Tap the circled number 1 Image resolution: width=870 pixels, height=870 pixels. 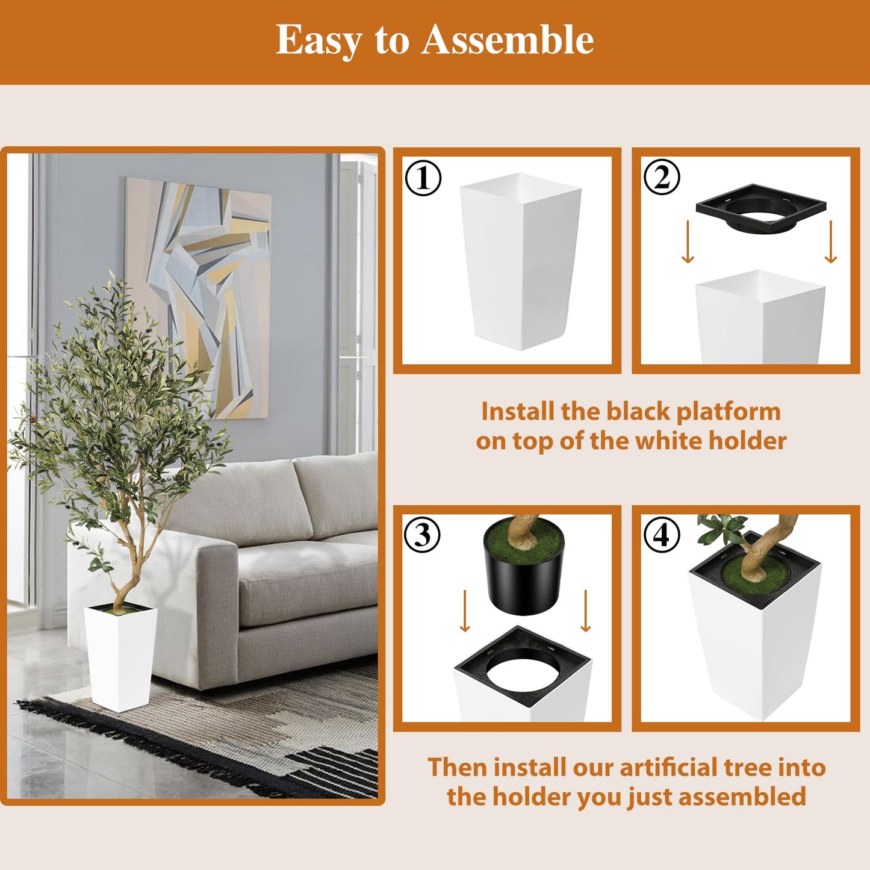coord(423,178)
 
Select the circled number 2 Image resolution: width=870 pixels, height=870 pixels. coord(661,178)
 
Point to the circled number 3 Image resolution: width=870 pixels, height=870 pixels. coord(423,535)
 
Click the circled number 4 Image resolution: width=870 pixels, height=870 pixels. coord(661,535)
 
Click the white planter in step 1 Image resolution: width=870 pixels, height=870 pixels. coord(520,265)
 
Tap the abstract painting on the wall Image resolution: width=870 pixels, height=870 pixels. coord(199,295)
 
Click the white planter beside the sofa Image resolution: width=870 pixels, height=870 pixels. coord(120,656)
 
